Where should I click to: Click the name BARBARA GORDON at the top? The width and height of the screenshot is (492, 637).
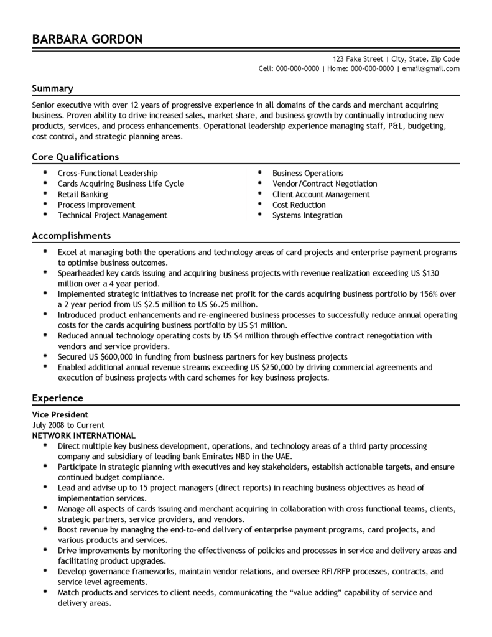click(88, 40)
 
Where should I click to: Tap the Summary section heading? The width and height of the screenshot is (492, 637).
click(53, 88)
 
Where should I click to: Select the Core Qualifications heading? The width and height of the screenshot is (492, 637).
click(75, 157)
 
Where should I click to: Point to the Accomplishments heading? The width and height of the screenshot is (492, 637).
click(72, 236)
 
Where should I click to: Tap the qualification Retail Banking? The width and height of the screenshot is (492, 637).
click(83, 194)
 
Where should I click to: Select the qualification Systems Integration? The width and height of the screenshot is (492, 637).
click(307, 215)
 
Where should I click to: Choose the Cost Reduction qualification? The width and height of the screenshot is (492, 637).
click(299, 205)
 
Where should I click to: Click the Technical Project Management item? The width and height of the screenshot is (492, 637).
click(113, 215)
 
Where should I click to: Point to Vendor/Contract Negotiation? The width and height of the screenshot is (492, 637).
click(325, 184)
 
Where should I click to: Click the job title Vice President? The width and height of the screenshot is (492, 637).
click(60, 414)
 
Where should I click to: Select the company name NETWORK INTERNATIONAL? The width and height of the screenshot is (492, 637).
click(83, 435)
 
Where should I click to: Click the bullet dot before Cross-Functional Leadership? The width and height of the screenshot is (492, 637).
click(45, 173)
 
